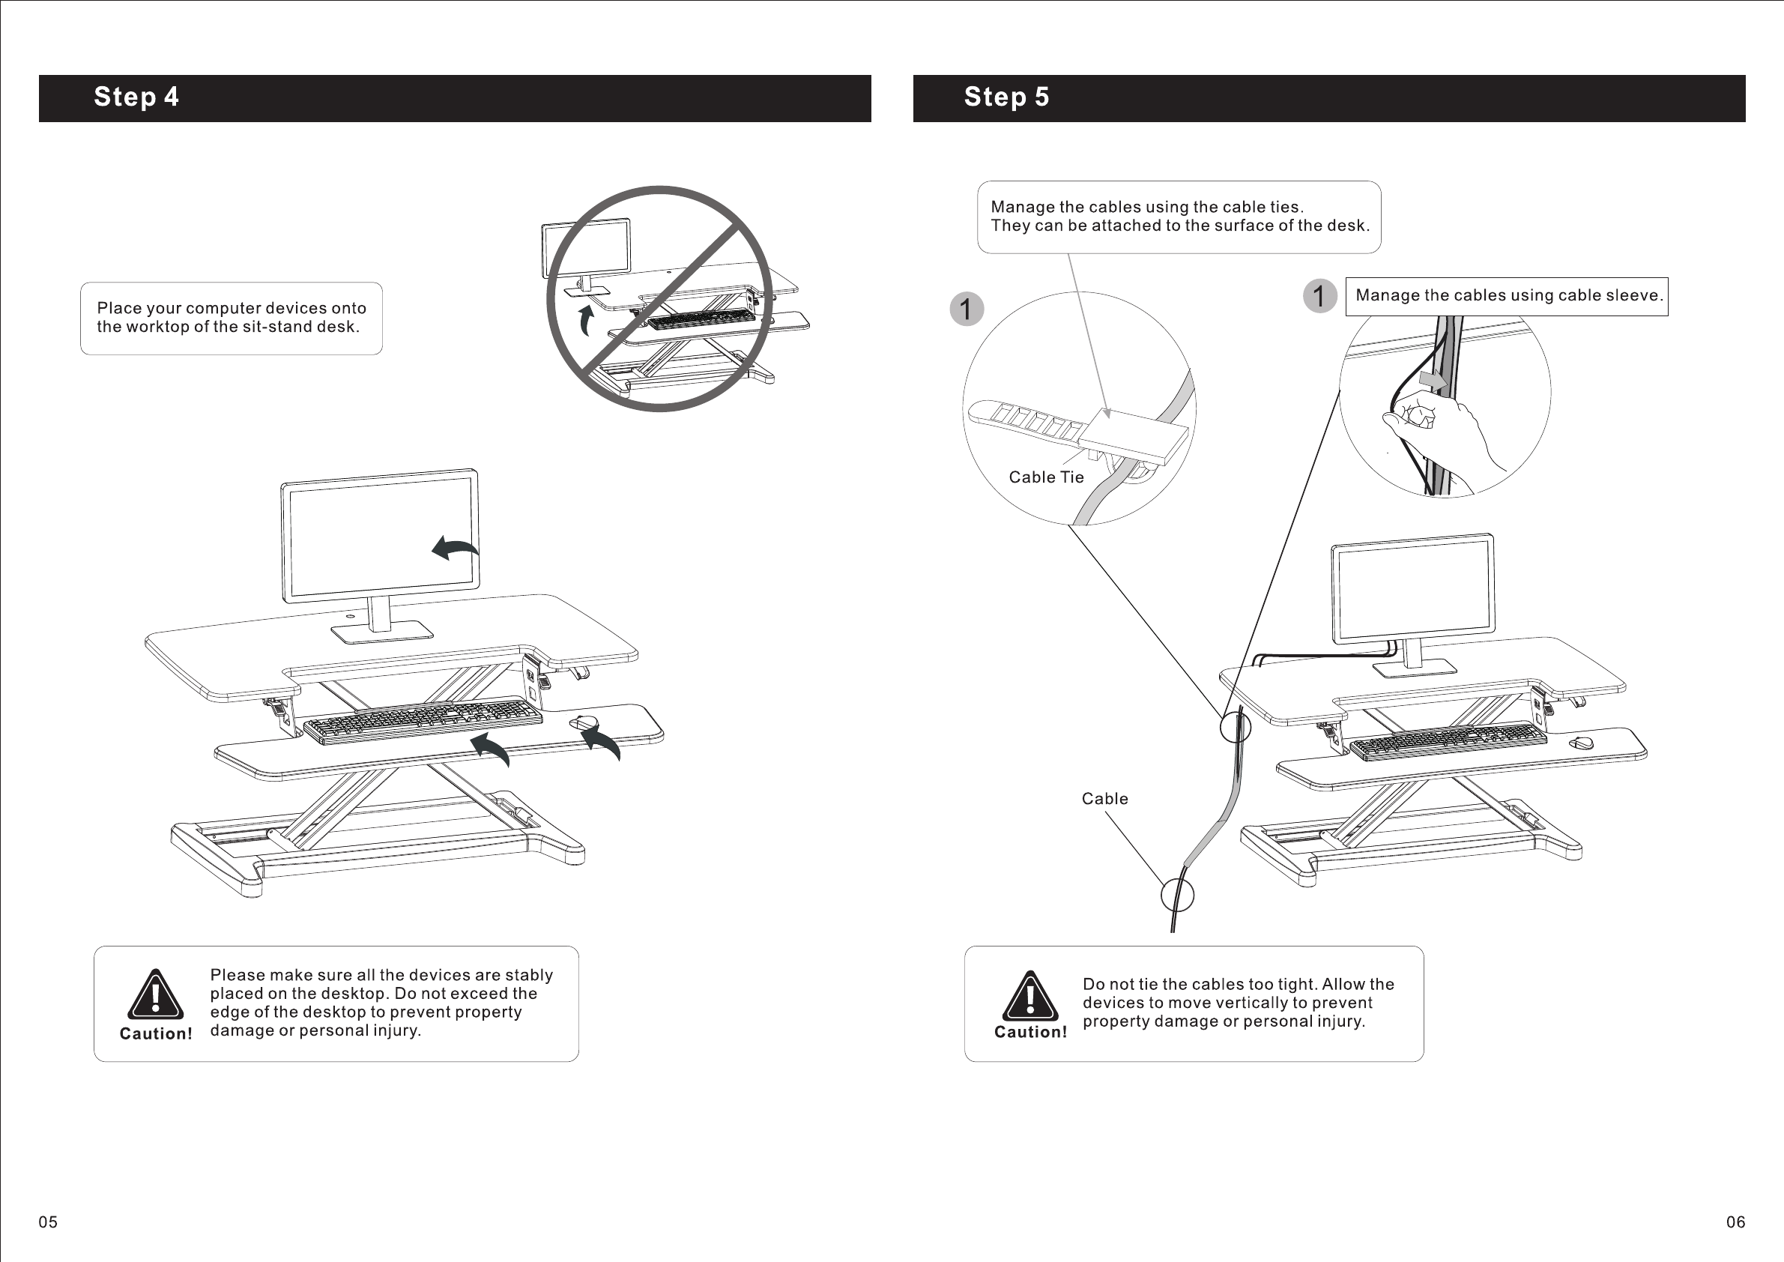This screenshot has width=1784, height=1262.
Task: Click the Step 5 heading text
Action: pos(1006,97)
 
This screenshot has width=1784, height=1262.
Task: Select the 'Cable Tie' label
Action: pos(1046,477)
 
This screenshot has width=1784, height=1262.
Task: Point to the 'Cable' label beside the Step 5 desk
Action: pos(1104,799)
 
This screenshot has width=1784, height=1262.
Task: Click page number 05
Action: pos(48,1222)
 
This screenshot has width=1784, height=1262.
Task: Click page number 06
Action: pos(1735,1222)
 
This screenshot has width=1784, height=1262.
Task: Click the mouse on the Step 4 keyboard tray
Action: pos(583,722)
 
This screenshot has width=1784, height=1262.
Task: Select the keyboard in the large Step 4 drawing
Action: pos(423,720)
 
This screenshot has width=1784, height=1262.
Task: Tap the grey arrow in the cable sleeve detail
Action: pos(1431,380)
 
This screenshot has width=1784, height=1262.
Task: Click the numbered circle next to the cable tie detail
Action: pos(967,310)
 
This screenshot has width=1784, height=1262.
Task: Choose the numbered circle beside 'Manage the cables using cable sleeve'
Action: pos(1319,296)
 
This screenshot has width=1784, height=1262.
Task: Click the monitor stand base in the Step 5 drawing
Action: pos(1414,668)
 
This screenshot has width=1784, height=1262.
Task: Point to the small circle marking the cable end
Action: pos(1177,896)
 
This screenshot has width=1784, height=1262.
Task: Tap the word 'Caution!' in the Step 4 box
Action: pos(155,1033)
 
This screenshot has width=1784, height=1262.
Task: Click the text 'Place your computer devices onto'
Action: pos(232,309)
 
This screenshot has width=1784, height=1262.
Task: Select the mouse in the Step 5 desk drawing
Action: pos(1579,743)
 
